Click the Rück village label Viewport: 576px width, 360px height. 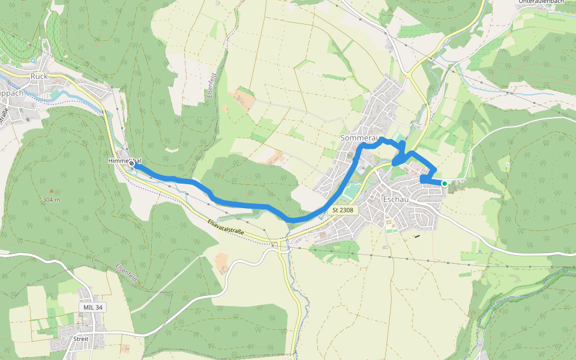[x=39, y=76]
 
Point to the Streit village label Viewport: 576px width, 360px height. [x=80, y=339]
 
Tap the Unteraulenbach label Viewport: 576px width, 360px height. [x=542, y=2]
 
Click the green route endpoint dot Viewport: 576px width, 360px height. [x=445, y=183]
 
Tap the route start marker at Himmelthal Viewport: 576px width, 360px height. [x=131, y=162]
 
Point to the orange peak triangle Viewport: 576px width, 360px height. [x=51, y=191]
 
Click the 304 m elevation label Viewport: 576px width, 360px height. [x=51, y=199]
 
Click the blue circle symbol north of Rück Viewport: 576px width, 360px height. [x=33, y=61]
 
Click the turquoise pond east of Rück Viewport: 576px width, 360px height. [x=56, y=93]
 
